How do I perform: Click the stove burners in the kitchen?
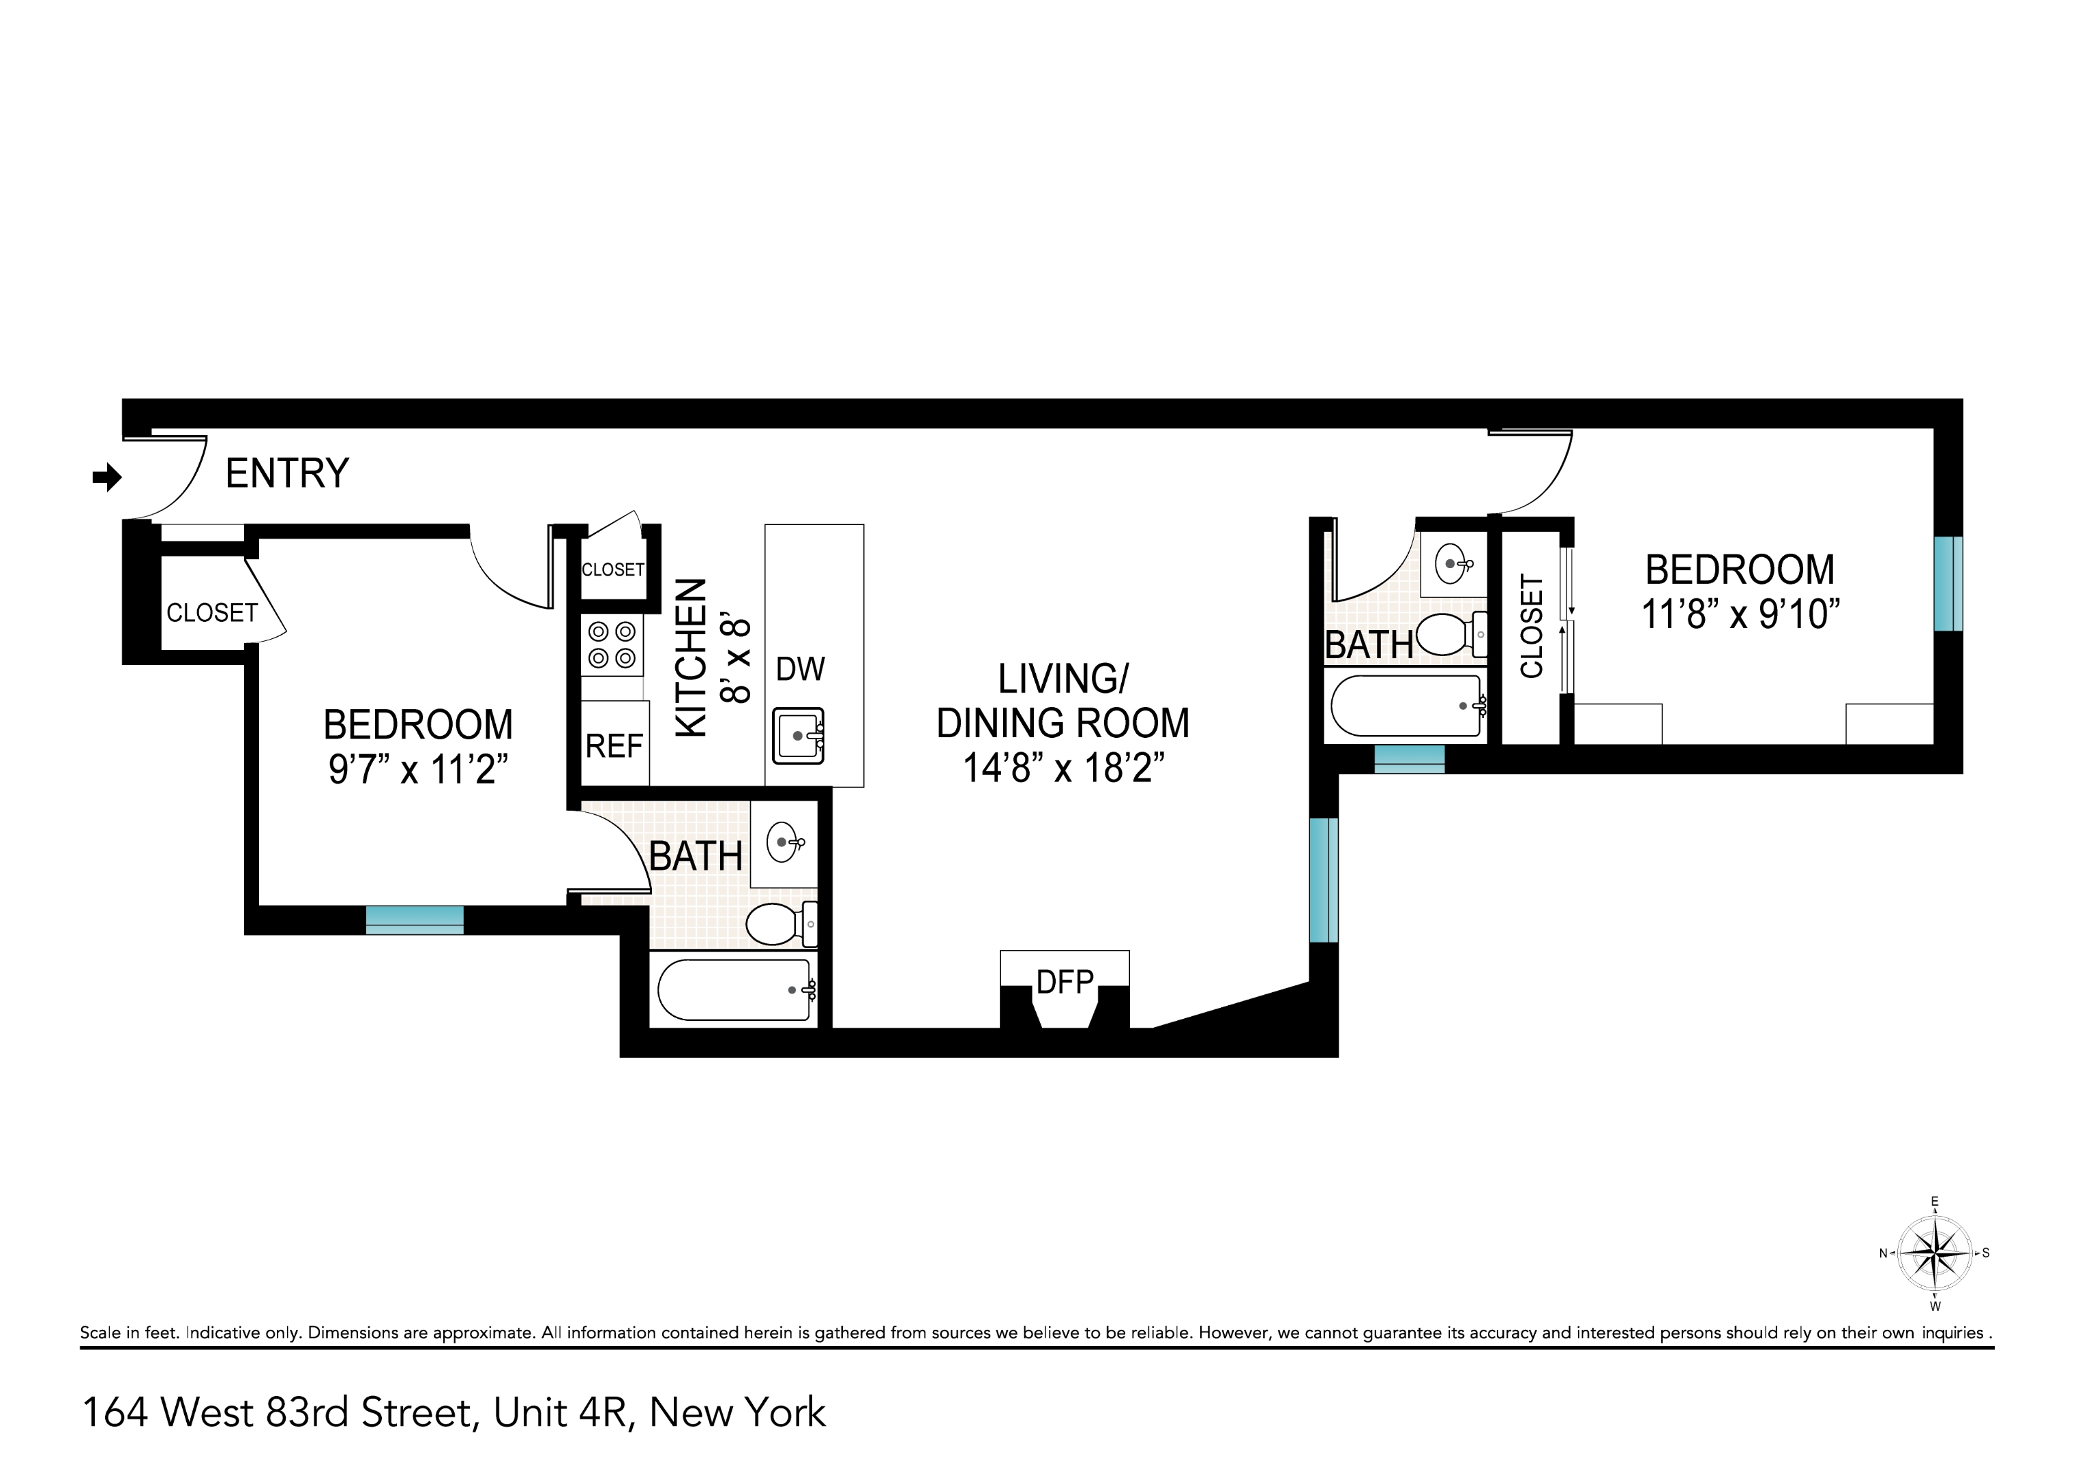tap(612, 645)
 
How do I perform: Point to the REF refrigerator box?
tap(614, 745)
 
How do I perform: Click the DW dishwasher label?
tap(800, 670)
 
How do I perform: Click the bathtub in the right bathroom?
tap(1406, 706)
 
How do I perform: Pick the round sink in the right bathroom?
tap(1451, 564)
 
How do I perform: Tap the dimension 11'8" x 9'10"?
tap(1740, 614)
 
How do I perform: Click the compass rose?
tap(1935, 1254)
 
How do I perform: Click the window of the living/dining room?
tap(1324, 880)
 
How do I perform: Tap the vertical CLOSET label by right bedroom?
tap(1531, 626)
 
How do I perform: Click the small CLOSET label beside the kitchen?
tap(612, 569)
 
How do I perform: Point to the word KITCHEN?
tap(692, 657)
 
